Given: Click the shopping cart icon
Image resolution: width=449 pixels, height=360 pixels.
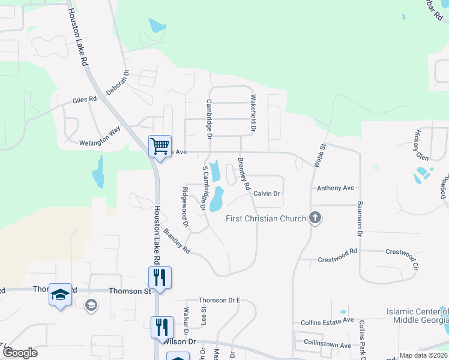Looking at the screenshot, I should [160, 146].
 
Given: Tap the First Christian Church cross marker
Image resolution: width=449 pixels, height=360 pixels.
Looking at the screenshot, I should [315, 218].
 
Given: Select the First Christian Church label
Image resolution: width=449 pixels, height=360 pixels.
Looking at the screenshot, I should [265, 218].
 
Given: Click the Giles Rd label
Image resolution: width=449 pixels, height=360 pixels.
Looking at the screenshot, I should [85, 100].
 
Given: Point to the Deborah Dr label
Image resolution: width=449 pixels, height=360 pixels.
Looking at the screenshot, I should [118, 83].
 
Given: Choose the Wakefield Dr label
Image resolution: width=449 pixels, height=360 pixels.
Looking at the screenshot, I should [253, 113].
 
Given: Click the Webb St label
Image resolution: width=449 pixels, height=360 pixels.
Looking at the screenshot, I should [319, 154].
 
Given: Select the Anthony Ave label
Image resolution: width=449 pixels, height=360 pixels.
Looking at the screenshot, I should [336, 188].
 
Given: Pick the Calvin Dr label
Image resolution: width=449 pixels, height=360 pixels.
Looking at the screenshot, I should [267, 194].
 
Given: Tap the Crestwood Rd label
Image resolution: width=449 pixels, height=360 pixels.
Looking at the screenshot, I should [337, 251].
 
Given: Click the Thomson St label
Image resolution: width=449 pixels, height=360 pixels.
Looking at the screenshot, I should [129, 290].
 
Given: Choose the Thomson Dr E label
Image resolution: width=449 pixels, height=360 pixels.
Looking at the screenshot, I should [219, 300].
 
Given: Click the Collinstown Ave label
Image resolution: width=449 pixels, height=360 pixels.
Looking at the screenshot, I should [327, 346].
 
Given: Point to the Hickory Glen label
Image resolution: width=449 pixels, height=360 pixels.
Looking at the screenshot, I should [422, 145].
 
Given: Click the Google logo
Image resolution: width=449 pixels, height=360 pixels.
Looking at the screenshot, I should [20, 353].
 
